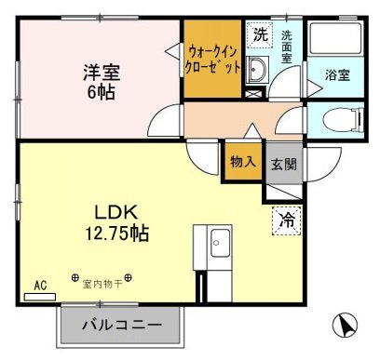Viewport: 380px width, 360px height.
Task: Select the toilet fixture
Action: [338, 118]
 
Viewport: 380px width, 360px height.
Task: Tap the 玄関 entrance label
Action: [283, 163]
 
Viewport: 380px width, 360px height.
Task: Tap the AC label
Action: [40, 286]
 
